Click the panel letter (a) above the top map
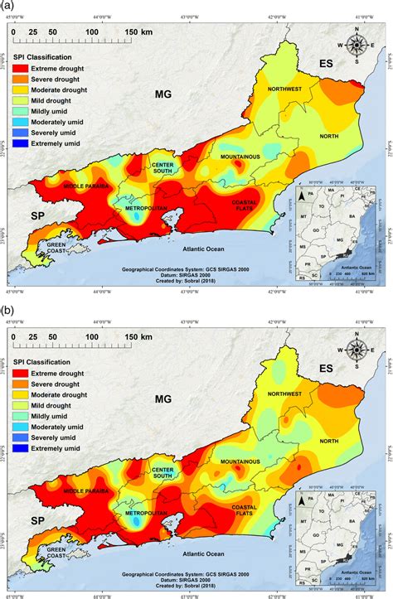tap(7, 6)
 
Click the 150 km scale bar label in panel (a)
tap(138, 31)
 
